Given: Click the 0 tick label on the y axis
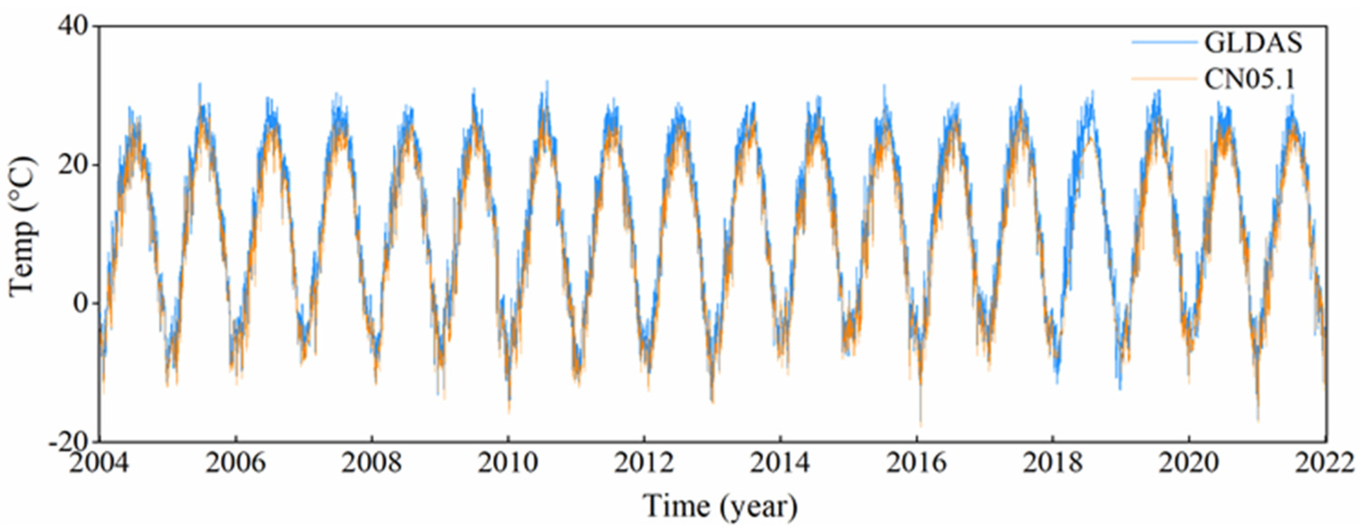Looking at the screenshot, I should (x=81, y=303).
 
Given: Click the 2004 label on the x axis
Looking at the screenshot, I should (x=99, y=464).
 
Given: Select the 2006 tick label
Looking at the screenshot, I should (x=236, y=464).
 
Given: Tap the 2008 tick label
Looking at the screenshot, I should (x=372, y=464).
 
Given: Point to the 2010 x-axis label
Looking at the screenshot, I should (x=507, y=464).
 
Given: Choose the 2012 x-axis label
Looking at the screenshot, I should (x=644, y=464).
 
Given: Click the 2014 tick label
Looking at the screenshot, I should (x=780, y=464).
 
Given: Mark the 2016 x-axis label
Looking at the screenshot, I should (x=916, y=464).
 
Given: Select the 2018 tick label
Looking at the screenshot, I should (x=1052, y=464).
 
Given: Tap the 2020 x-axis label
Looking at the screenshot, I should (x=1188, y=464).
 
